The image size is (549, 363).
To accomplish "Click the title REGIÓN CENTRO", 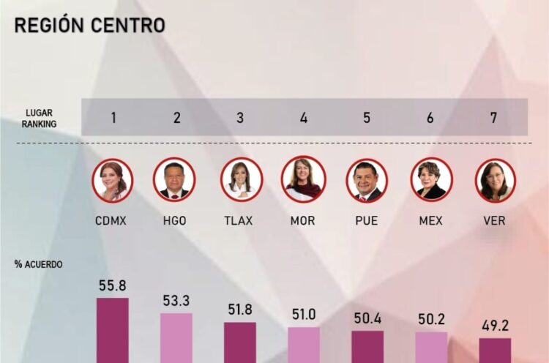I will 89,25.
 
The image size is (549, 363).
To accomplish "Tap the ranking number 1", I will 113,117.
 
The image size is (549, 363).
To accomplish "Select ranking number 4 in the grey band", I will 304,117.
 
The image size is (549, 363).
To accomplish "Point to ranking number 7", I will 496,117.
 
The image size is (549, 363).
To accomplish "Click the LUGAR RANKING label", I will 40,119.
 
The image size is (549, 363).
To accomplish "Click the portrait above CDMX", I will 113,180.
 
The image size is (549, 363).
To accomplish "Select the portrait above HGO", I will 174,180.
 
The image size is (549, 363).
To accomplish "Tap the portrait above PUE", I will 367,180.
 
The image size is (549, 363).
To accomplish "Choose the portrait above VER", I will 496,180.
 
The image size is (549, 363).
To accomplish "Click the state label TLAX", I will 238,220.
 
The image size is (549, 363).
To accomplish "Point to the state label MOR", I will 303,220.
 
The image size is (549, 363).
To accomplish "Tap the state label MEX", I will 430,220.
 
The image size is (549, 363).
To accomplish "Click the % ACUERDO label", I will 38,264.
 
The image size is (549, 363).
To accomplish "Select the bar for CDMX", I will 113,330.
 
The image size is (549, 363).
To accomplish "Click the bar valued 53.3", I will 176,337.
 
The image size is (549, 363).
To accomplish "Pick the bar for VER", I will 496,350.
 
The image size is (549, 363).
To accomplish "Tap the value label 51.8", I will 240,310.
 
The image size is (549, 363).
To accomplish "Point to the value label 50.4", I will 367,318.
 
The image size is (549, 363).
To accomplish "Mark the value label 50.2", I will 431,320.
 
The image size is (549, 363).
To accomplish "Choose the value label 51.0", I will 304,315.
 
